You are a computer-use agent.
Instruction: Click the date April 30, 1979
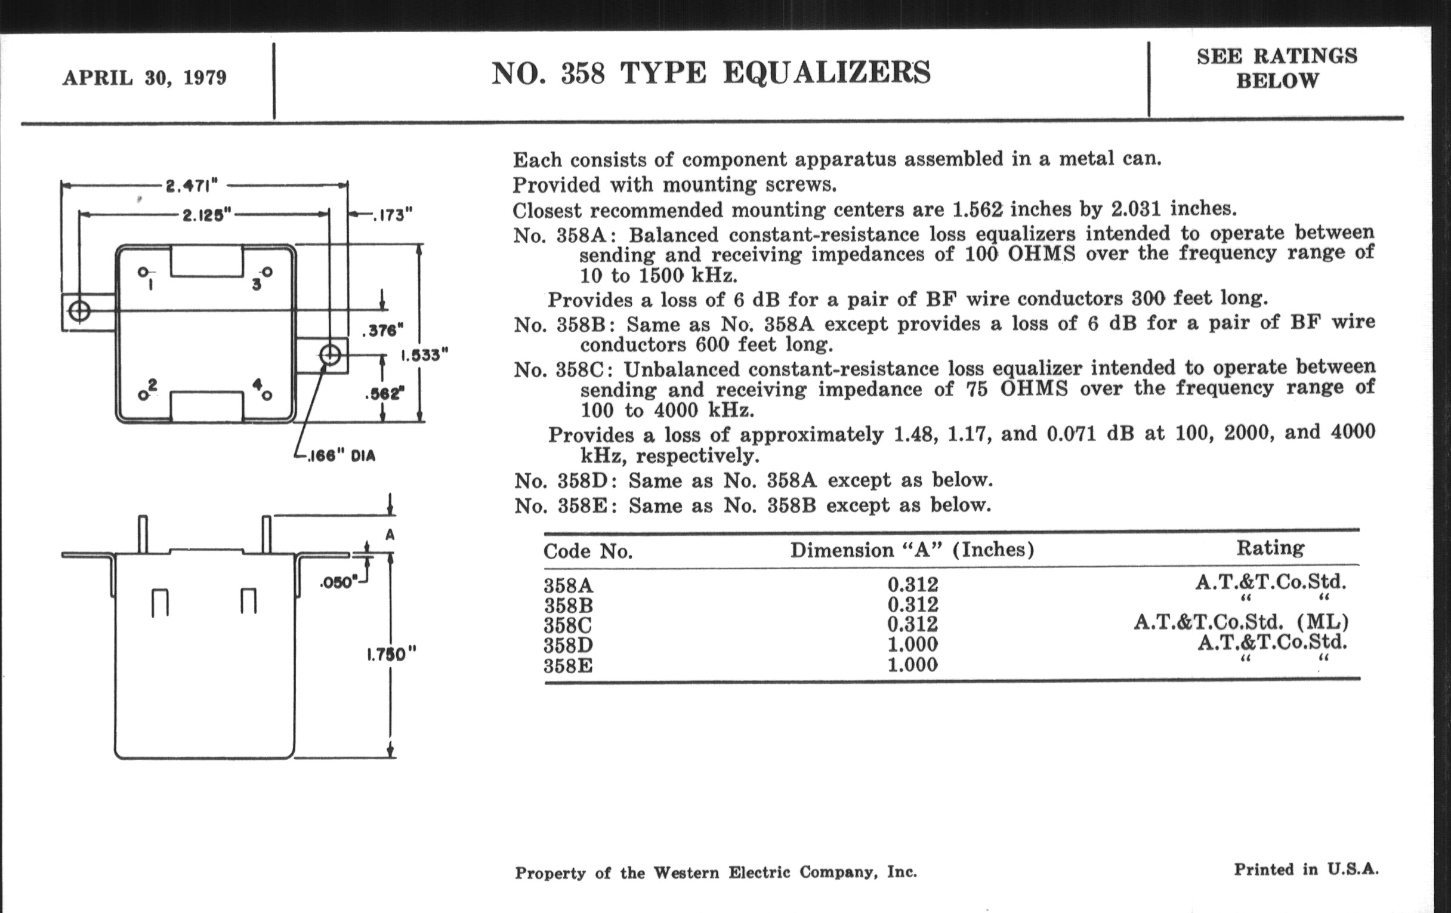click(x=144, y=78)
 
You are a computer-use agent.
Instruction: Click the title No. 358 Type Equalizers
click(x=711, y=73)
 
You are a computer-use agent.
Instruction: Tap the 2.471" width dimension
click(x=192, y=185)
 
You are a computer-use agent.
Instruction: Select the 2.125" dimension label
click(x=206, y=215)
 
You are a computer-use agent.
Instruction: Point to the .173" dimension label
click(x=392, y=215)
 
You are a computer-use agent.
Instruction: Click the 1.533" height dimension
click(x=425, y=355)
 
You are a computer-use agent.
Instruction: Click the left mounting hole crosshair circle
click(x=79, y=311)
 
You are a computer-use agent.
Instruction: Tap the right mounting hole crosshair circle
click(x=330, y=355)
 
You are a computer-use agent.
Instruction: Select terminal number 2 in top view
click(x=152, y=384)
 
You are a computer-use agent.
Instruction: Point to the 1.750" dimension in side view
click(x=391, y=654)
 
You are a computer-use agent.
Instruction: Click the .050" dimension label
click(x=339, y=582)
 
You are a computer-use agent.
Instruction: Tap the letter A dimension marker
click(x=390, y=535)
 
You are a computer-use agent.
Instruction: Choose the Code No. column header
click(x=588, y=551)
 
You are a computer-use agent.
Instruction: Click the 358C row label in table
click(x=567, y=625)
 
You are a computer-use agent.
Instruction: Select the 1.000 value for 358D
click(x=912, y=644)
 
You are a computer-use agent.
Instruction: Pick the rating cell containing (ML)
click(x=1241, y=621)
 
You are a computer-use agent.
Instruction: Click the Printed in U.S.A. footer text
click(x=1306, y=869)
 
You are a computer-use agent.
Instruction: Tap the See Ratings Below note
click(x=1277, y=68)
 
